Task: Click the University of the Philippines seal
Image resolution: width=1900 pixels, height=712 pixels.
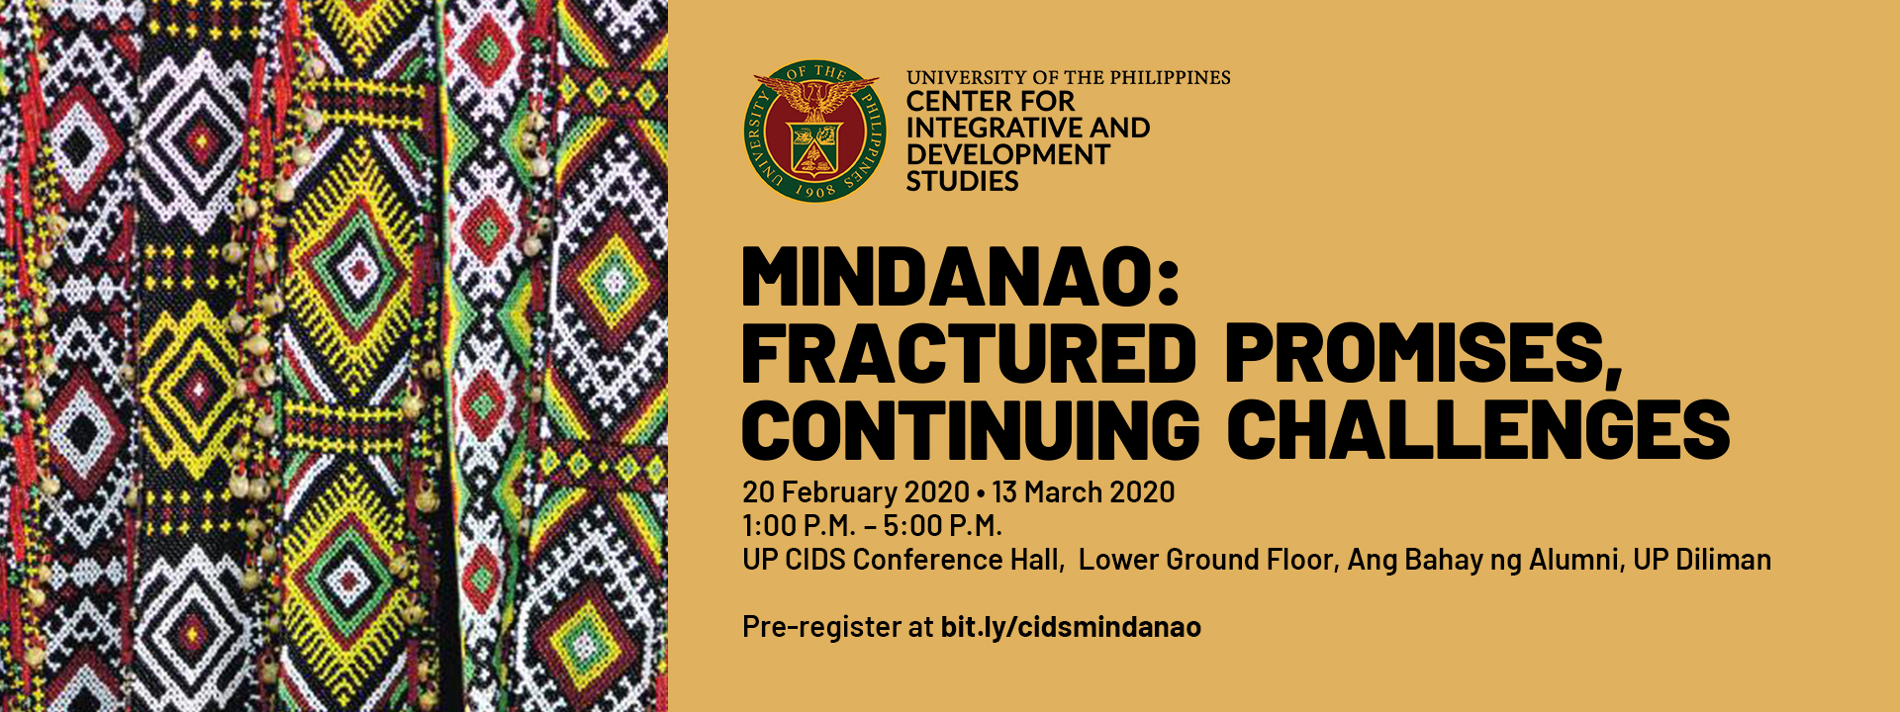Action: tap(815, 132)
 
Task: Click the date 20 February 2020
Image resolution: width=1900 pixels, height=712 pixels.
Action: tap(855, 492)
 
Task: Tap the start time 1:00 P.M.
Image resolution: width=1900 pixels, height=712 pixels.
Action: tap(799, 525)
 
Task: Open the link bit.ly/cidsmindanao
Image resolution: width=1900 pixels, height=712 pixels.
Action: tap(1071, 627)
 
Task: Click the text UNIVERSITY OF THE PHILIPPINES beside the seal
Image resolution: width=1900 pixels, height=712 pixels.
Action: tap(1068, 77)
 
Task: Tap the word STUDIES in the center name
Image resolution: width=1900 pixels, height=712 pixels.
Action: tap(962, 182)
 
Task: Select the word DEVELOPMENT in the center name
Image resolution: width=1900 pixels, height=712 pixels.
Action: tap(1007, 155)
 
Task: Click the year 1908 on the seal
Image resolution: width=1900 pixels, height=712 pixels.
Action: tap(815, 190)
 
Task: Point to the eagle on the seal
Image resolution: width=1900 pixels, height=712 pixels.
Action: tap(815, 98)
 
